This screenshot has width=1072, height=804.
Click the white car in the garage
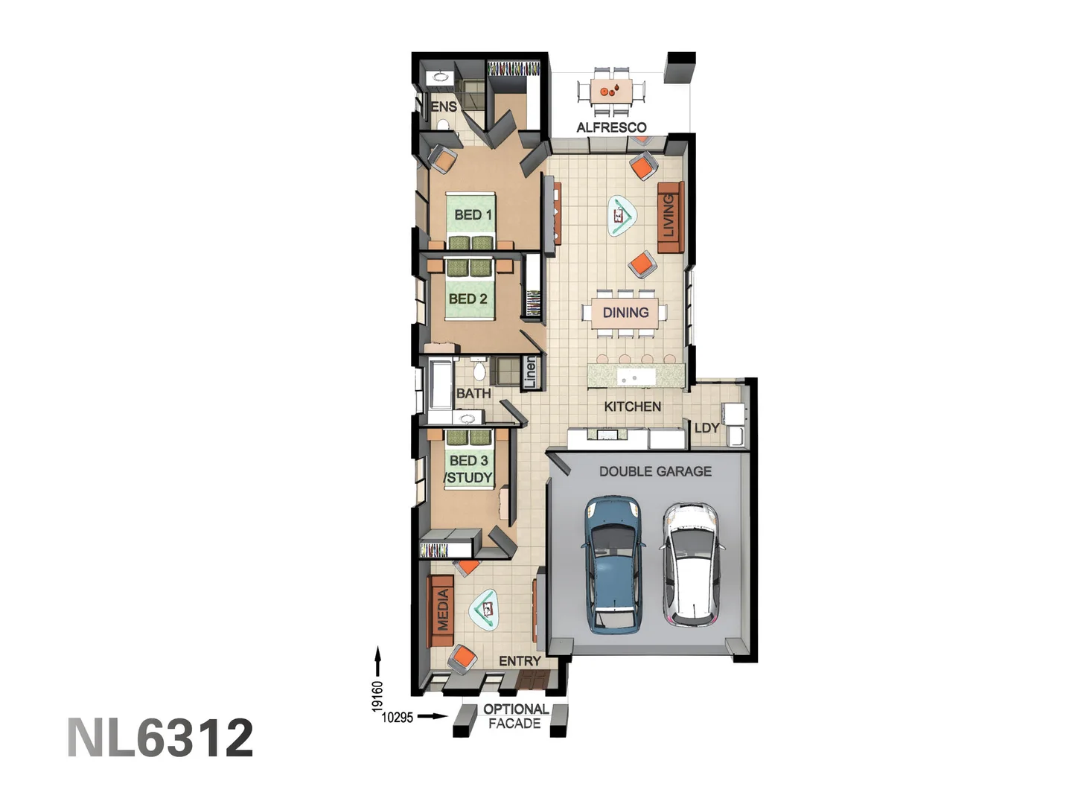(692, 564)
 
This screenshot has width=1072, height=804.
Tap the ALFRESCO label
(611, 127)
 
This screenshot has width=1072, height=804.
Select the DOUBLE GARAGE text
(655, 471)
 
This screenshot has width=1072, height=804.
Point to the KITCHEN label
(632, 406)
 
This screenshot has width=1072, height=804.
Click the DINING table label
(625, 313)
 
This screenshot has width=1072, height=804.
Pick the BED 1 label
(473, 215)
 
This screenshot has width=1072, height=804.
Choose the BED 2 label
(468, 299)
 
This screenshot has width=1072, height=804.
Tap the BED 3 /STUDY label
(469, 469)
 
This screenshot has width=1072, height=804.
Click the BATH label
(473, 393)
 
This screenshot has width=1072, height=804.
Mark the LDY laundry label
(706, 428)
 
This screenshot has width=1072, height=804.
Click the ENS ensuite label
(444, 106)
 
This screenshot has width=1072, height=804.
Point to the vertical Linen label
(530, 372)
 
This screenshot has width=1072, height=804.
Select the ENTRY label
(520, 661)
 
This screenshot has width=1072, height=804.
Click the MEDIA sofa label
(443, 610)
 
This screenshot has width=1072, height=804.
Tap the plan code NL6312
(160, 738)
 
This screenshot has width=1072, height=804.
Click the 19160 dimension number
(377, 696)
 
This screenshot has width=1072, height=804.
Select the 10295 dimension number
(397, 718)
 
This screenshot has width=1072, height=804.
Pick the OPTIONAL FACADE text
(515, 716)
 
